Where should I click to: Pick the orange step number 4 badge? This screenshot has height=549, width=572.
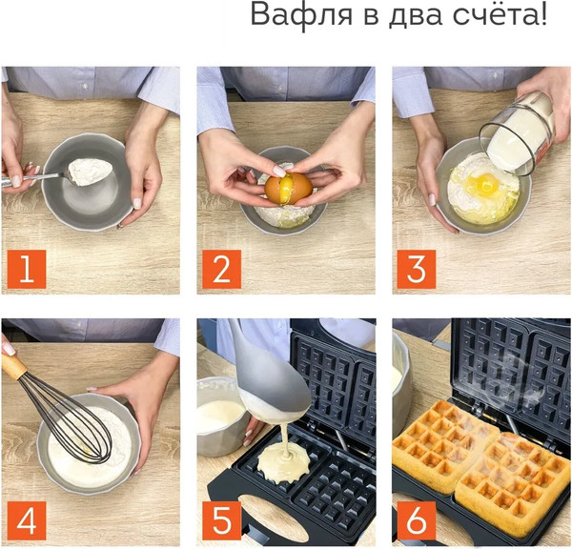click(26, 520)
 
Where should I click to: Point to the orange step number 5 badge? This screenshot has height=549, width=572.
click(220, 520)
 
